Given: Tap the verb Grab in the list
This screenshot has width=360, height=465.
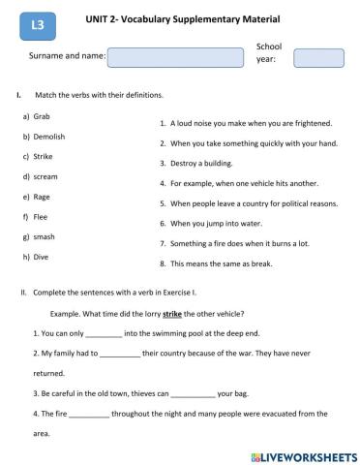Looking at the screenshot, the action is coord(43,115).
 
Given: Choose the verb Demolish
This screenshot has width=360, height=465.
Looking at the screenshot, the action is coord(48,137).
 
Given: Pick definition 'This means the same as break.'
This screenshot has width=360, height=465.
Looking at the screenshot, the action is coord(222,263).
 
